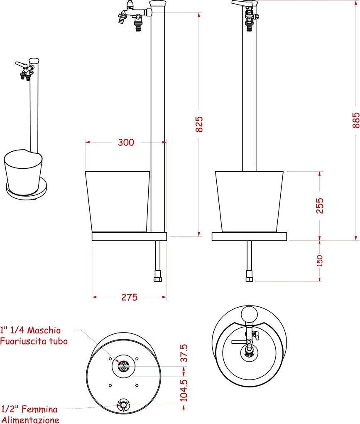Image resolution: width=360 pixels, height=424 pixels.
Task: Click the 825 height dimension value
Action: [x=199, y=124]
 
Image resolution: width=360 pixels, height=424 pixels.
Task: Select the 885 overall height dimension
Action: [x=356, y=120]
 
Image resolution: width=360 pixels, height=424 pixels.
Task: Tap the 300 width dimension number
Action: [x=126, y=142]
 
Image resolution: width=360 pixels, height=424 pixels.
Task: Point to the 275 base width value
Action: [x=130, y=297]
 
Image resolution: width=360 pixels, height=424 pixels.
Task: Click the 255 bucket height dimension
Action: [x=320, y=206]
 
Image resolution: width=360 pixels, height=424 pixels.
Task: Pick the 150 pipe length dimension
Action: [x=319, y=261]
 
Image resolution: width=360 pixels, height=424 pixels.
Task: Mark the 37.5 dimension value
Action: [x=184, y=353]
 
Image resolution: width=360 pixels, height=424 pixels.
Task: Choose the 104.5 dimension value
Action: [x=184, y=390]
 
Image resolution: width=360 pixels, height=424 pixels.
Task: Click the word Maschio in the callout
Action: [x=44, y=330]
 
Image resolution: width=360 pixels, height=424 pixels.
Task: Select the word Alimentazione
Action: [x=30, y=420]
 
